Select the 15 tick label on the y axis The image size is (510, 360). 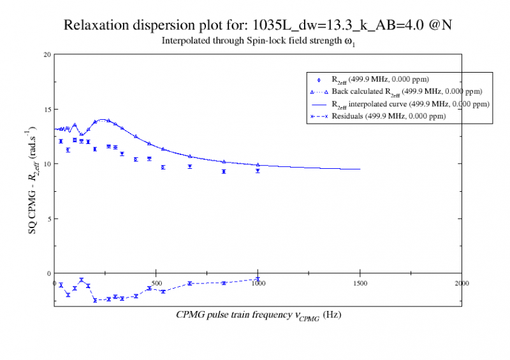[x=47, y=109]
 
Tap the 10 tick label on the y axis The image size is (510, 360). [x=47, y=164]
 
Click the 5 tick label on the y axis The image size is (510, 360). [x=48, y=219]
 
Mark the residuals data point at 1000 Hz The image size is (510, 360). [x=258, y=279]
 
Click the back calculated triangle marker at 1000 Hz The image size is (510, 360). [x=258, y=165]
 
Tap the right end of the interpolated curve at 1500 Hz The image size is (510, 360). [x=360, y=169]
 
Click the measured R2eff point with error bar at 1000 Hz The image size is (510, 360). [x=258, y=171]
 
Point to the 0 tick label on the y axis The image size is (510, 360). [x=48, y=273]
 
